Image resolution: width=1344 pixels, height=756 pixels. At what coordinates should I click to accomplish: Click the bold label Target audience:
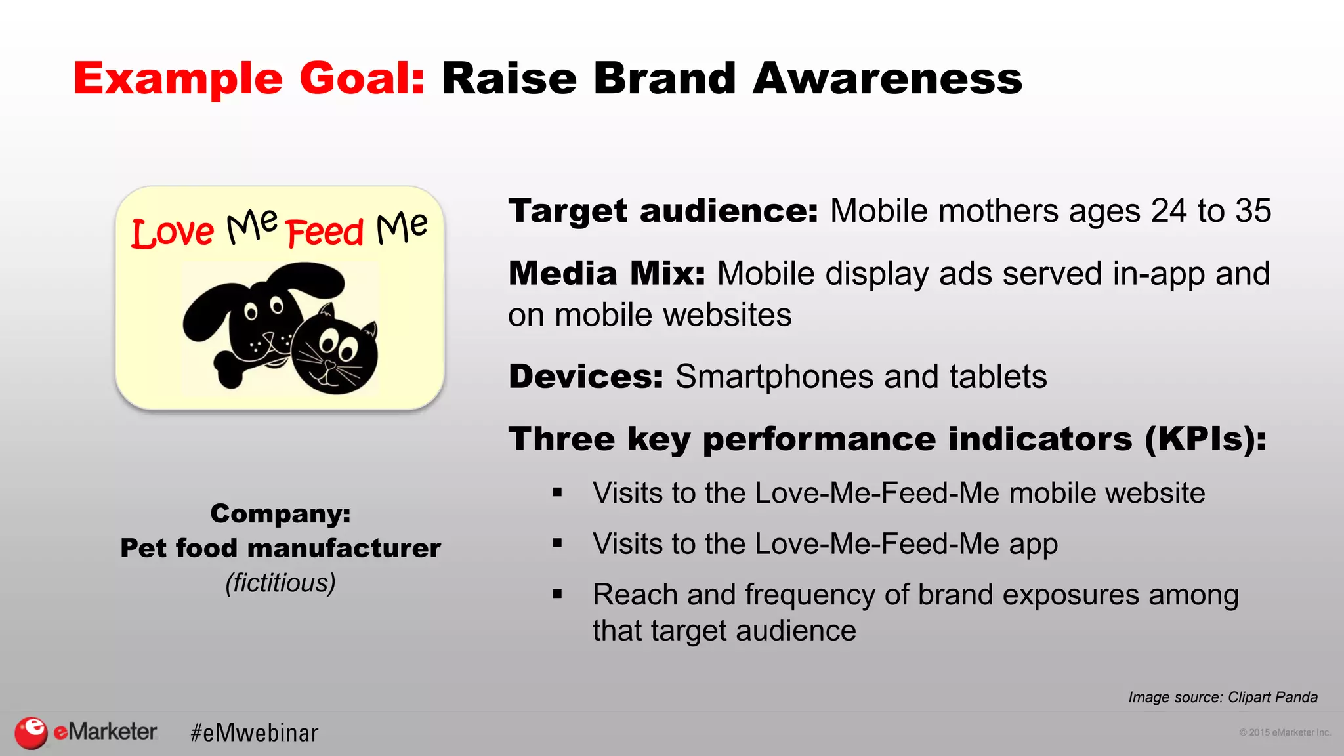coord(663,211)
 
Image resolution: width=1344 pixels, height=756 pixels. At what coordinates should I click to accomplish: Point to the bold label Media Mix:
coord(606,274)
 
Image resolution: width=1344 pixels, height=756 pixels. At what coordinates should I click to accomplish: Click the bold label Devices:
coord(586,377)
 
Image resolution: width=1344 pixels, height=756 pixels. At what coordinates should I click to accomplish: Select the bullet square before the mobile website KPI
coord(557,493)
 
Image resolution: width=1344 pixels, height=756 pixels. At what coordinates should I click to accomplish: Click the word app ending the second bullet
coord(1033,545)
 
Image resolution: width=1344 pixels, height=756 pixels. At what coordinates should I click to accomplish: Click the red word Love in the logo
coord(173,233)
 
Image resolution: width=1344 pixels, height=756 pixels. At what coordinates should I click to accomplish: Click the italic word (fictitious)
coord(280,583)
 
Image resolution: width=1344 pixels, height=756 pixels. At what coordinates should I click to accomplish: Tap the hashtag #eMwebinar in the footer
coord(254,733)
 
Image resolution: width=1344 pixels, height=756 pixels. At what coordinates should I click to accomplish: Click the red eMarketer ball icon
coord(31,732)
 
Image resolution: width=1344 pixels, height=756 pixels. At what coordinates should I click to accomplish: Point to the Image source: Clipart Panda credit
coord(1222,697)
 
